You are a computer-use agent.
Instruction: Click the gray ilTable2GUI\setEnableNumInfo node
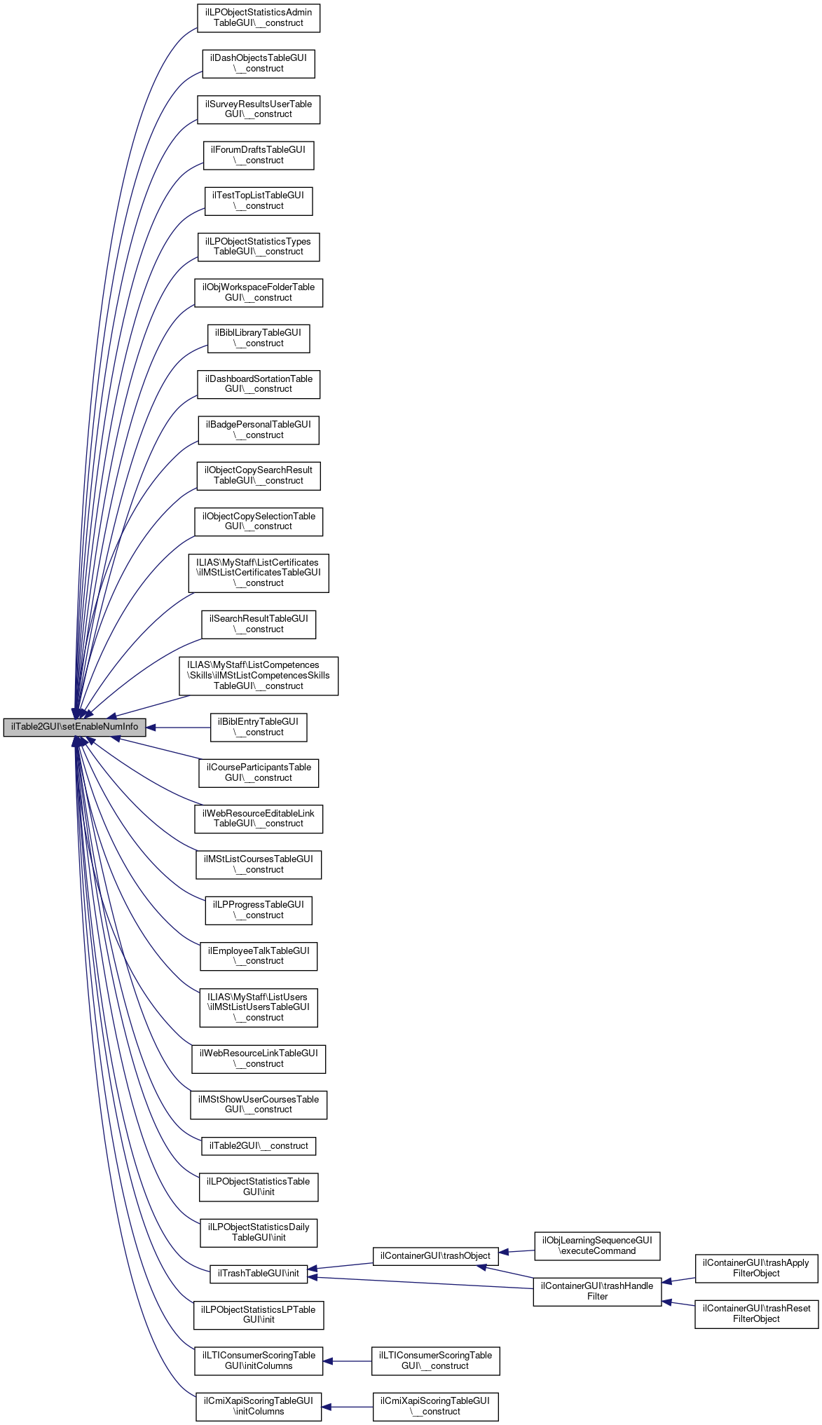pyautogui.click(x=74, y=727)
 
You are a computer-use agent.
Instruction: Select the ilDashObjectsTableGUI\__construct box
pyautogui.click(x=258, y=64)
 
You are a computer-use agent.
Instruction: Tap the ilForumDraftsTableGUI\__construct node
pyautogui.click(x=258, y=155)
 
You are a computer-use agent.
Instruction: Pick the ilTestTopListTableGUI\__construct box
pyautogui.click(x=258, y=201)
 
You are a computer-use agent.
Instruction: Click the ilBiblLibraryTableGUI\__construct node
pyautogui.click(x=258, y=339)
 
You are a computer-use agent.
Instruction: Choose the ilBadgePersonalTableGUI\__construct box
pyautogui.click(x=258, y=430)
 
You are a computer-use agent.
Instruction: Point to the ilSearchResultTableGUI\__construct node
pyautogui.click(x=258, y=624)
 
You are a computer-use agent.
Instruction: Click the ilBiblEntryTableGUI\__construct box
pyautogui.click(x=258, y=727)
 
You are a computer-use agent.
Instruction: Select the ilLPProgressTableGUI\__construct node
pyautogui.click(x=258, y=910)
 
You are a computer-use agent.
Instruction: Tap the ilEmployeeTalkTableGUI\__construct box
pyautogui.click(x=258, y=956)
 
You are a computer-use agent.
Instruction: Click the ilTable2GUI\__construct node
pyautogui.click(x=258, y=1146)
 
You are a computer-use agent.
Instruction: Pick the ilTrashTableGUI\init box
pyautogui.click(x=258, y=1274)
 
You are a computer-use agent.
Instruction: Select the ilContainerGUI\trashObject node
pyautogui.click(x=435, y=1256)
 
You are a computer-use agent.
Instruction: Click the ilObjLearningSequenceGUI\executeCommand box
pyautogui.click(x=597, y=1246)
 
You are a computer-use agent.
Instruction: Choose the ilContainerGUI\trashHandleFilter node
pyautogui.click(x=597, y=1291)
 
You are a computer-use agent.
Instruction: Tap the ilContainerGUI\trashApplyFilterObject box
pyautogui.click(x=756, y=1268)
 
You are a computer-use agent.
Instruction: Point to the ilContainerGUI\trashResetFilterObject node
pyautogui.click(x=756, y=1314)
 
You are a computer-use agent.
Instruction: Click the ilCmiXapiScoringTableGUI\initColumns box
pyautogui.click(x=258, y=1406)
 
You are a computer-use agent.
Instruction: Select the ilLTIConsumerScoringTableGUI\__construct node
pyautogui.click(x=435, y=1361)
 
